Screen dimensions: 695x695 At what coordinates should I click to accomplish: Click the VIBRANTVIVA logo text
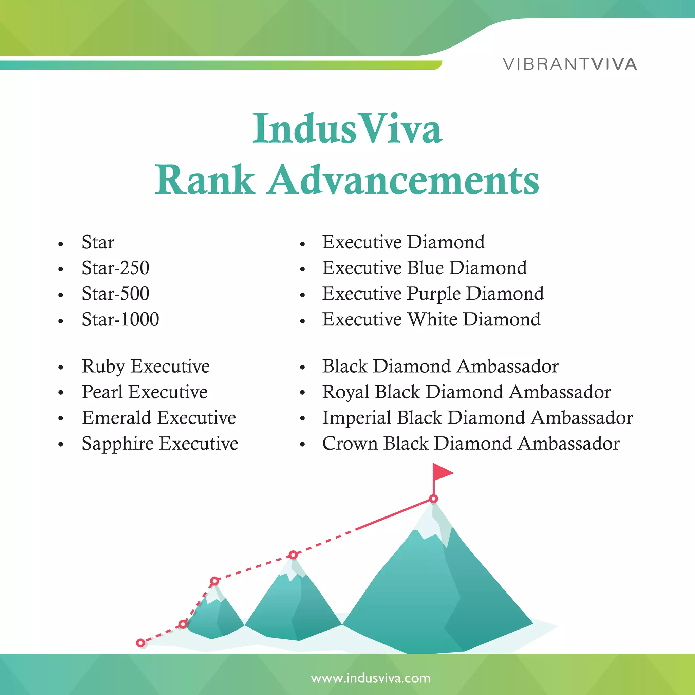[570, 64]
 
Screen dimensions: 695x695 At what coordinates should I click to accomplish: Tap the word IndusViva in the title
[347, 129]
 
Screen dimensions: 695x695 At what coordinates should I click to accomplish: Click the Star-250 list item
[115, 268]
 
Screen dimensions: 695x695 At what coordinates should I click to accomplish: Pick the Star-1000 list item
[120, 319]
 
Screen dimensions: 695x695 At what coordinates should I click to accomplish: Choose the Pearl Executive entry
[144, 392]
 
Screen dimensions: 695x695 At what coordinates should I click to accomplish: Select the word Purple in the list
[434, 294]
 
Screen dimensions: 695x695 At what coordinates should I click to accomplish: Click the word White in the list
[432, 319]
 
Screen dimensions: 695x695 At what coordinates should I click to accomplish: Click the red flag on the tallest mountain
[442, 472]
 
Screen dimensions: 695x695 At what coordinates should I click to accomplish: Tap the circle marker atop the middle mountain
[293, 555]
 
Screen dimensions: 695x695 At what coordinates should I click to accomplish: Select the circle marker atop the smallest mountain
[214, 581]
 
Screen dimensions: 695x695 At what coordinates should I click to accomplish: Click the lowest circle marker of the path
[140, 643]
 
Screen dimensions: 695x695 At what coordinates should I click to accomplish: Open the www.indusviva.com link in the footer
[371, 678]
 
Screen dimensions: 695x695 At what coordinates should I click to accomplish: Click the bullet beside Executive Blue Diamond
[302, 269]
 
